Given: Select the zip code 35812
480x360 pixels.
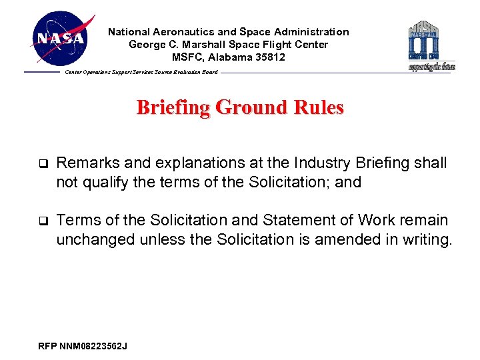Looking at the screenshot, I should [x=269, y=57].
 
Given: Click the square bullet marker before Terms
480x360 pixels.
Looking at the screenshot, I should [x=43, y=221].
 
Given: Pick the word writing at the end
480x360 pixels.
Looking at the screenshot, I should [x=423, y=239].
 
